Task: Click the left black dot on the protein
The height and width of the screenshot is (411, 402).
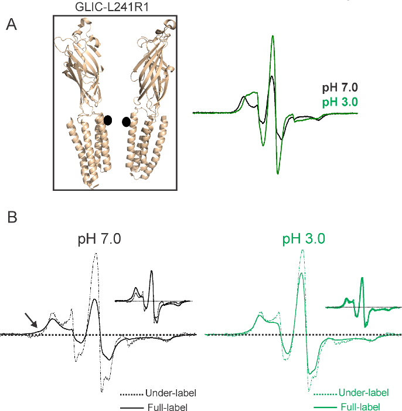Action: [108, 120]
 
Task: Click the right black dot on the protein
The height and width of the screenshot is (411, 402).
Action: [126, 122]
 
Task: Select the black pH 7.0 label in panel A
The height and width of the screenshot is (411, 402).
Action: [339, 88]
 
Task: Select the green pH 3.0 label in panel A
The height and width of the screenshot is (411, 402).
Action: [339, 102]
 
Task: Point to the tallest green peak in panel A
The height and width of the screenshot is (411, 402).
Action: [272, 36]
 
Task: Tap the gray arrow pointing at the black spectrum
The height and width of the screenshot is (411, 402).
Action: [30, 320]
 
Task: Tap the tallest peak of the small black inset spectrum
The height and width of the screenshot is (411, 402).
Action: [152, 271]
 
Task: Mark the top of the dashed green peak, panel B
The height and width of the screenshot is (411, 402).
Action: [301, 252]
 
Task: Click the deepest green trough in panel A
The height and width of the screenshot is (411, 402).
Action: [278, 173]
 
